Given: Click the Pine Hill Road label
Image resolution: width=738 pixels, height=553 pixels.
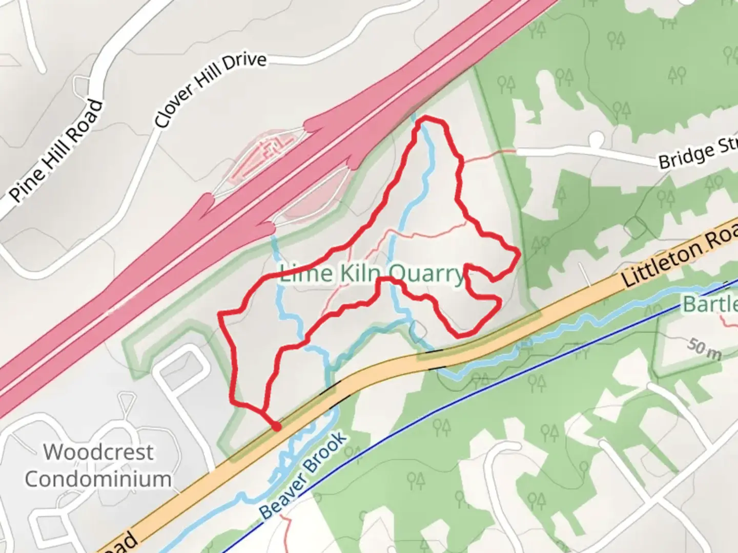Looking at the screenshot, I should tap(56, 151).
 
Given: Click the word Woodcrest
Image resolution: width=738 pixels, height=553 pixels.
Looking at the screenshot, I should tap(98, 452).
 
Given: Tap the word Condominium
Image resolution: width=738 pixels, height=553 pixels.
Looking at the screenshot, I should tap(98, 479).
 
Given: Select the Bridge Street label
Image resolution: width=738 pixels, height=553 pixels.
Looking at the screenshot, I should tap(697, 152).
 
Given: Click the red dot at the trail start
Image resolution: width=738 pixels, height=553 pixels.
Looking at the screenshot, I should tap(276, 426).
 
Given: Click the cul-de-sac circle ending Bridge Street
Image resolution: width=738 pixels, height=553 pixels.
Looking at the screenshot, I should tap(597, 139).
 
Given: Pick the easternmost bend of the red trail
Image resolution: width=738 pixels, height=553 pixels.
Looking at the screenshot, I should tap(519, 253).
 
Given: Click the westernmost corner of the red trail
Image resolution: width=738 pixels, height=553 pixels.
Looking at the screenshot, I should tap(220, 313).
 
